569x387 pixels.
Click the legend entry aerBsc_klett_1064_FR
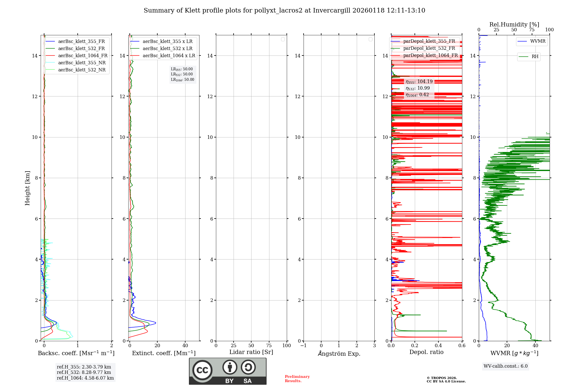pos(83,56)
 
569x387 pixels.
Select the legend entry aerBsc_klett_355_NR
pos(82,63)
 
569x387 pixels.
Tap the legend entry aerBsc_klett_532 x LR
pos(167,49)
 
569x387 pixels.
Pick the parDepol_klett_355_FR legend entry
pos(429,41)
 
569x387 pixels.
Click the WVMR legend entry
pos(538,41)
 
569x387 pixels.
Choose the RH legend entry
pos(535,57)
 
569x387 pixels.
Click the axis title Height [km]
pos(27,188)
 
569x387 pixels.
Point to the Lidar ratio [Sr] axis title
pos(251,352)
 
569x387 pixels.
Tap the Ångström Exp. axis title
pos(339,354)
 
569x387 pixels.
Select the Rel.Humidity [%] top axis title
pos(514,24)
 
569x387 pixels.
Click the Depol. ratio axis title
pos(426,352)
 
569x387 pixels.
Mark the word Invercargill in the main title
pos(331,11)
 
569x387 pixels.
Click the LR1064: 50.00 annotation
pos(182,80)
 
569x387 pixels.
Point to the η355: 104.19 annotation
pos(419,82)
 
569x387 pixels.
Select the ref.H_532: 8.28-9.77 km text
pos(84,372)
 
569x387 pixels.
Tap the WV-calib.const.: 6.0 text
pos(506,366)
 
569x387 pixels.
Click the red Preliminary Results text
pos(297,379)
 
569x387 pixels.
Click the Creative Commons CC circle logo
pos(202,370)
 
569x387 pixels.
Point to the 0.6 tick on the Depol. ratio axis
pos(462,346)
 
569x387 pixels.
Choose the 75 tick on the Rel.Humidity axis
pos(531,30)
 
